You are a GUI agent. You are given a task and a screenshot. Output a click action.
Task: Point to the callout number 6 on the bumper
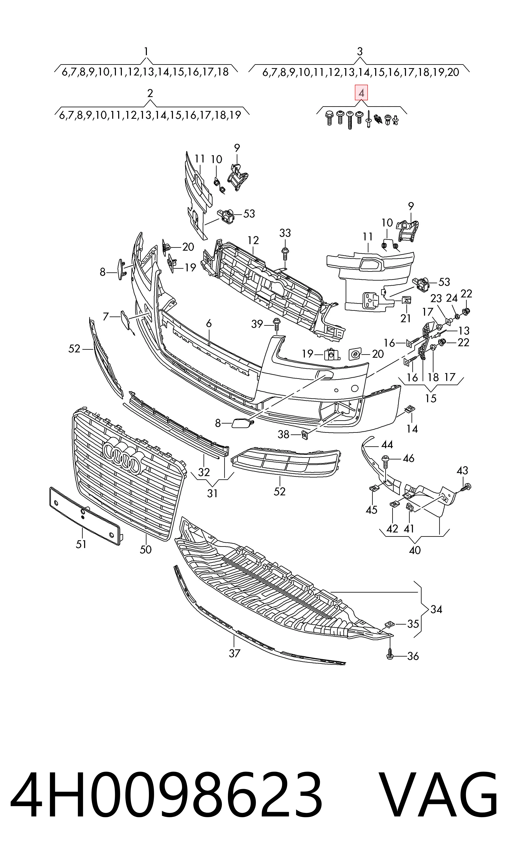209,323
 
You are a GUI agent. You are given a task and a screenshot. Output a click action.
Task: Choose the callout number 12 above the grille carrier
253,240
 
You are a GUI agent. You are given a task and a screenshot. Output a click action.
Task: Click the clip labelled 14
410,409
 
